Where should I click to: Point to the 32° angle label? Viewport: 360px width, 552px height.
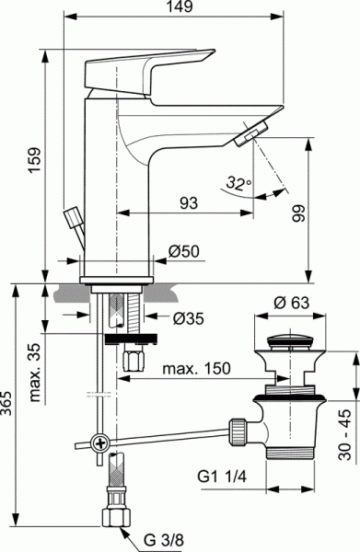pyautogui.click(x=238, y=184)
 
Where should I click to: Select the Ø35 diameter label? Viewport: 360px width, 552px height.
pyautogui.click(x=188, y=318)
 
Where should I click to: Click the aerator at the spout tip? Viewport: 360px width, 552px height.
pyautogui.click(x=248, y=137)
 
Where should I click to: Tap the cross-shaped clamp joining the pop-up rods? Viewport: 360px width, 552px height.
pyautogui.click(x=97, y=444)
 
